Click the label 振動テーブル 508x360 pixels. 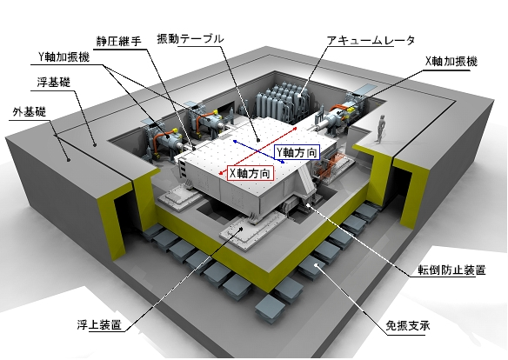(x=190, y=39)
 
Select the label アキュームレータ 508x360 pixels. (x=371, y=41)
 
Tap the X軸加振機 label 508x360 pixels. (x=451, y=61)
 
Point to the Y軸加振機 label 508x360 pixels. (x=63, y=57)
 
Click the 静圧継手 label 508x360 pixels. (x=119, y=42)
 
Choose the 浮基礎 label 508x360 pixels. (x=54, y=83)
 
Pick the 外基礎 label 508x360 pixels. (x=30, y=111)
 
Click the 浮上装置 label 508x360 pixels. (x=99, y=324)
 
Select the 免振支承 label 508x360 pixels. (x=408, y=325)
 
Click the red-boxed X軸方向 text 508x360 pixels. (x=250, y=174)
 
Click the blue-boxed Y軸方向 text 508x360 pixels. (x=297, y=152)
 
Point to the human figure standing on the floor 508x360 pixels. (x=380, y=129)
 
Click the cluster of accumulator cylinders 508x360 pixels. (x=282, y=102)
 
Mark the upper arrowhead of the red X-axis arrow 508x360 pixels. (x=295, y=128)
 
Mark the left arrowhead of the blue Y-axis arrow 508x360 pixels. (x=235, y=142)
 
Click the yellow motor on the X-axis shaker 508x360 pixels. (x=351, y=110)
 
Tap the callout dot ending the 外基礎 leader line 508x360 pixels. (x=69, y=159)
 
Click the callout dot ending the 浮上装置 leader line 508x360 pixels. (x=241, y=229)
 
